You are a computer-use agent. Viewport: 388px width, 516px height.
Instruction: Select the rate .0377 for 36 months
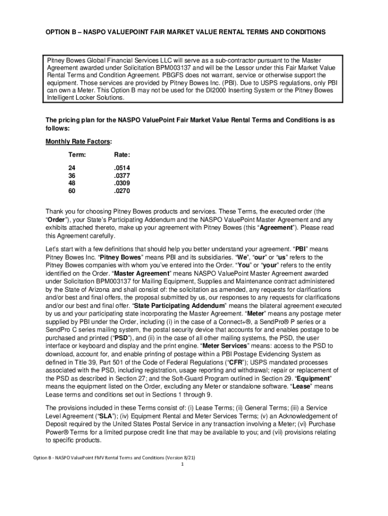pyautogui.click(x=122, y=175)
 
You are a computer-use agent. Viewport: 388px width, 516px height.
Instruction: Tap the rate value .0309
pyautogui.click(x=122, y=183)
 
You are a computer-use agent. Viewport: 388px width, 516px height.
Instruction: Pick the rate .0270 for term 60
pyautogui.click(x=122, y=191)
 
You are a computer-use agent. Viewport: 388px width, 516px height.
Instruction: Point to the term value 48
pyautogui.click(x=73, y=183)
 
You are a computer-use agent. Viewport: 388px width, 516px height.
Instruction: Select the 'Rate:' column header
pyautogui.click(x=122, y=154)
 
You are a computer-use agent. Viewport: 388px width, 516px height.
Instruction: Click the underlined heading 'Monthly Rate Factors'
pyautogui.click(x=78, y=142)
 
